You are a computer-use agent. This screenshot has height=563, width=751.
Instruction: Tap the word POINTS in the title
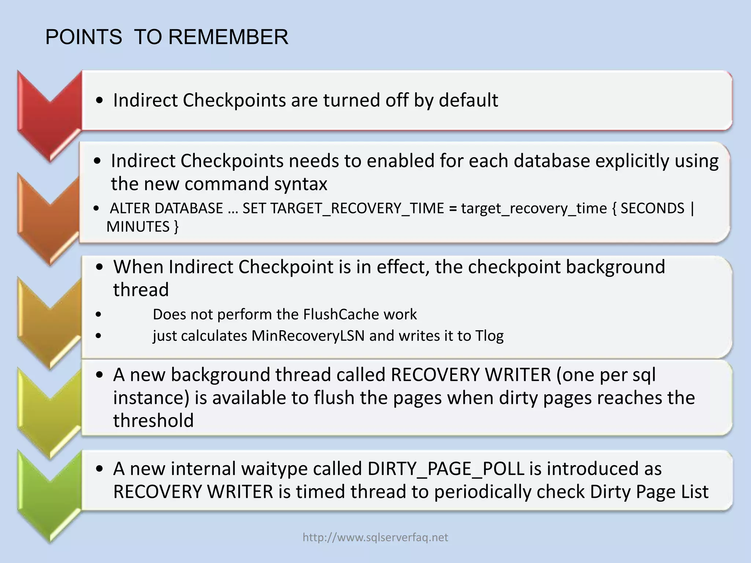coord(84,37)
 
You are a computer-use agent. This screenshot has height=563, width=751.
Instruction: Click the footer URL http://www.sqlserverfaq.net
coord(375,537)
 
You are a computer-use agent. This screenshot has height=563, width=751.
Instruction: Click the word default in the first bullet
coord(468,100)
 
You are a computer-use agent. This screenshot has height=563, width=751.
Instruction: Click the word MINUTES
coord(138,227)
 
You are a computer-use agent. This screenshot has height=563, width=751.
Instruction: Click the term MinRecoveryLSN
coord(308,336)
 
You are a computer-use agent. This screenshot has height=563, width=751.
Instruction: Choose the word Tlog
coord(489,336)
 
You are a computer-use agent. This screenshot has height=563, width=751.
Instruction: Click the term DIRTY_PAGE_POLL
coord(446,469)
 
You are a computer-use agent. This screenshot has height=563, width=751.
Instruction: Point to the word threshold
coord(153,420)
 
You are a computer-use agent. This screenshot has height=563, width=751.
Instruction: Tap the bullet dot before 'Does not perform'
coord(98,314)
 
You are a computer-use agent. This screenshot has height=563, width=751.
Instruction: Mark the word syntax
coord(300,184)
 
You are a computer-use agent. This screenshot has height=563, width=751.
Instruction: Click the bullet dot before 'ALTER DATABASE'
coord(96,209)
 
